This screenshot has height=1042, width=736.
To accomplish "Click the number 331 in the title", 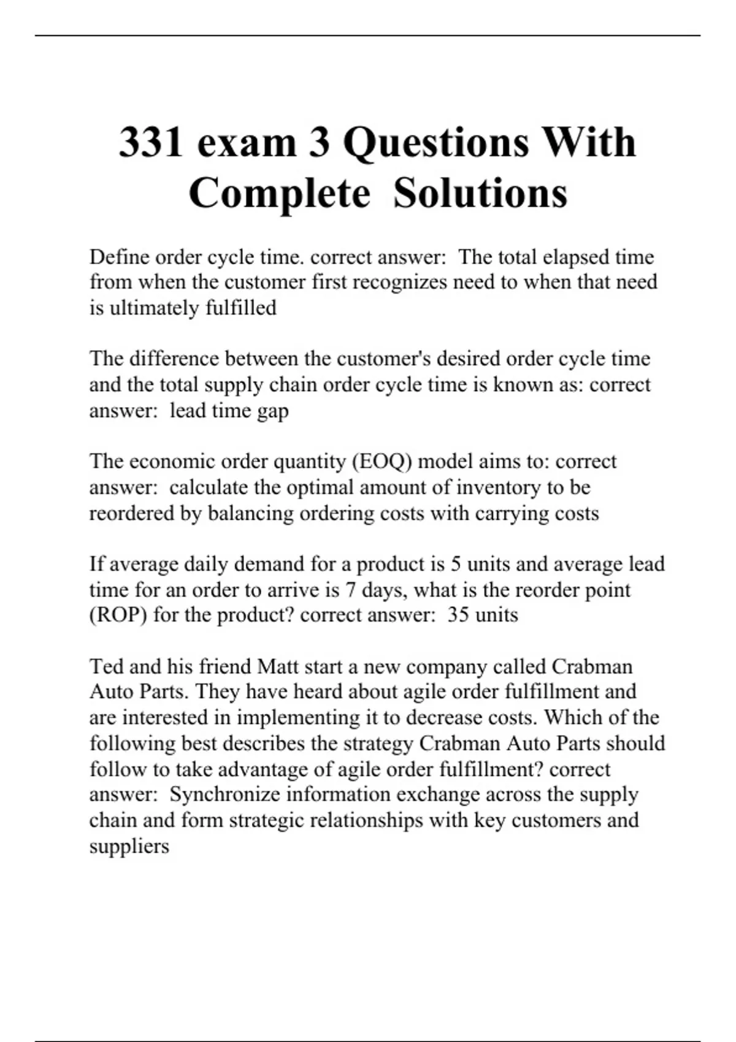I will coord(151,142).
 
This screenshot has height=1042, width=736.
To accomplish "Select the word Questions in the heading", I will coord(436,142).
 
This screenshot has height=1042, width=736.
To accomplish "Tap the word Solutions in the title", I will coord(480,193).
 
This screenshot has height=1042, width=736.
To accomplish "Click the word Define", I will coord(118,256).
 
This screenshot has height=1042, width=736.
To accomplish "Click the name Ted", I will coord(105,666).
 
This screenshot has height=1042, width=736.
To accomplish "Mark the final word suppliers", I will coord(129,847).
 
